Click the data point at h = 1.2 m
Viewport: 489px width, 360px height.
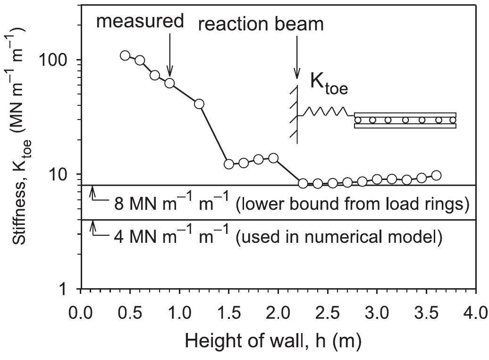tap(199, 104)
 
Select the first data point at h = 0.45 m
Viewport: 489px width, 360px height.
tap(125, 56)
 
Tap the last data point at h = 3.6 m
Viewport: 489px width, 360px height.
tap(436, 175)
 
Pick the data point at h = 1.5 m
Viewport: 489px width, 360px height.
tap(229, 164)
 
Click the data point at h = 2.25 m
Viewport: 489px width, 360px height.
tap(303, 183)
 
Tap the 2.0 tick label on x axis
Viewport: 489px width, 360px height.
tap(278, 312)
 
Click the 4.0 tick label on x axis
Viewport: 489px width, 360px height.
tap(475, 312)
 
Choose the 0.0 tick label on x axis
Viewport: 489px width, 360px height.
tap(81, 312)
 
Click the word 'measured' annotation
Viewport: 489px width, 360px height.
tap(139, 21)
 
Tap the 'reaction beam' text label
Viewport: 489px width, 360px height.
tap(261, 24)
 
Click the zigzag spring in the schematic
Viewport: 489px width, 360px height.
tap(326, 112)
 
